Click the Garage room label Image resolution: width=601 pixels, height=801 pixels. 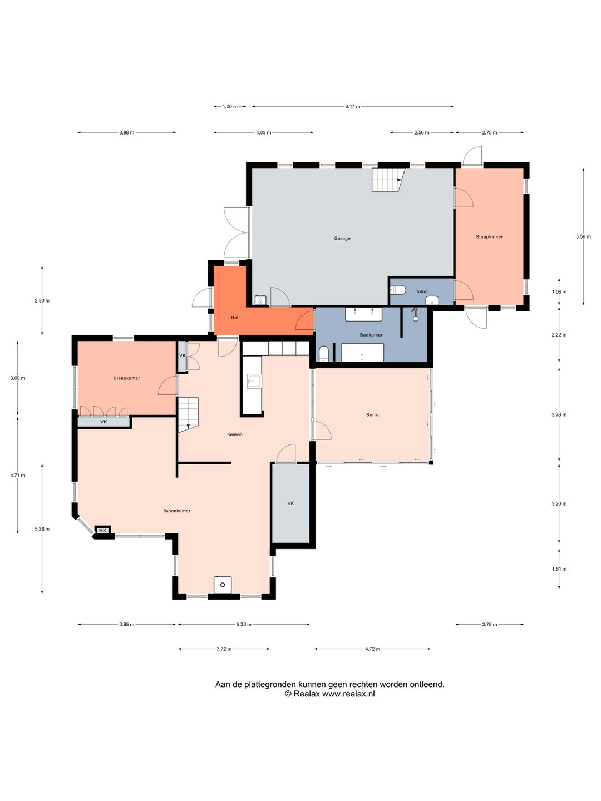342,238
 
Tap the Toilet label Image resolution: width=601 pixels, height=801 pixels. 421,291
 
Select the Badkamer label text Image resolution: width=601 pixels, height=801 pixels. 371,335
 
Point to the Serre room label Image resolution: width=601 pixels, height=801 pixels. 372,414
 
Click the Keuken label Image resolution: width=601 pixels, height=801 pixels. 235,434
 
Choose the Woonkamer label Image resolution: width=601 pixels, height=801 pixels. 177,511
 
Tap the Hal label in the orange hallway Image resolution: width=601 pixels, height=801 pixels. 234,318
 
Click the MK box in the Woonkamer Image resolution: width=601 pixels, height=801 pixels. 102,530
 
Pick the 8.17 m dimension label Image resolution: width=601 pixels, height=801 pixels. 352,107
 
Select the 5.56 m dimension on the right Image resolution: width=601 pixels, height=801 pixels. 584,236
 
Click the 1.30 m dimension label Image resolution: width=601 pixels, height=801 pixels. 230,107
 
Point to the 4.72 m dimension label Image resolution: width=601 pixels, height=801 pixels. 372,649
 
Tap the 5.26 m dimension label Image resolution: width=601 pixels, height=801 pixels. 42,529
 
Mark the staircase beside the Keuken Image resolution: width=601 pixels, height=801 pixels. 188,415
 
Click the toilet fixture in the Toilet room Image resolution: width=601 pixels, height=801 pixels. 398,290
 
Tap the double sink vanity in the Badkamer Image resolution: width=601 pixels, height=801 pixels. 364,314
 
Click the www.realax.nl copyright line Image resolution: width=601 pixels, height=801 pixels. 329,694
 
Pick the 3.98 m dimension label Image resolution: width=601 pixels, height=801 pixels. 127,132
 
